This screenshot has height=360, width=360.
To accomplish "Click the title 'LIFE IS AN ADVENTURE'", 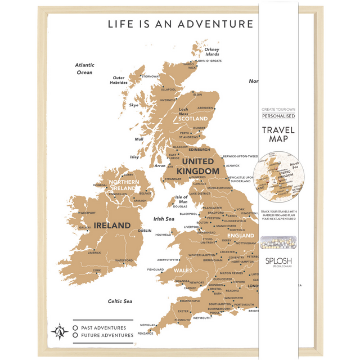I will [180, 24].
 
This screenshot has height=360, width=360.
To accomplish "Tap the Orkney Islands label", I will [211, 52].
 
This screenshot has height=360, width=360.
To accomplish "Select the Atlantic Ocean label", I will [84, 69].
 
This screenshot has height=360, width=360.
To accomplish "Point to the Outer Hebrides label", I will [119, 80].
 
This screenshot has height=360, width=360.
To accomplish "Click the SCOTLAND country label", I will [193, 119].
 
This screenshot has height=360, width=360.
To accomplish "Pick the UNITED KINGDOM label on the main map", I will [197, 166].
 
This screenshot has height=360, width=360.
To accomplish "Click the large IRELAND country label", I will [112, 226].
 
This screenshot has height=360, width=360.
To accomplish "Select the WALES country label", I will [183, 270].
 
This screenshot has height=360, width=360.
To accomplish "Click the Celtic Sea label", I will [120, 301].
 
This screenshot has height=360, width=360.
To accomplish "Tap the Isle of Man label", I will [181, 199].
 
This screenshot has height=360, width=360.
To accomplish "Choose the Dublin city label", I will [145, 231].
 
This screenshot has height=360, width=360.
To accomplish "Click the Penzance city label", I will [146, 333].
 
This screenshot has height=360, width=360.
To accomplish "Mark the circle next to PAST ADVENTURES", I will [75, 327].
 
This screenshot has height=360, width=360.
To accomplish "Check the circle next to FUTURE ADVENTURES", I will [75, 335].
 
